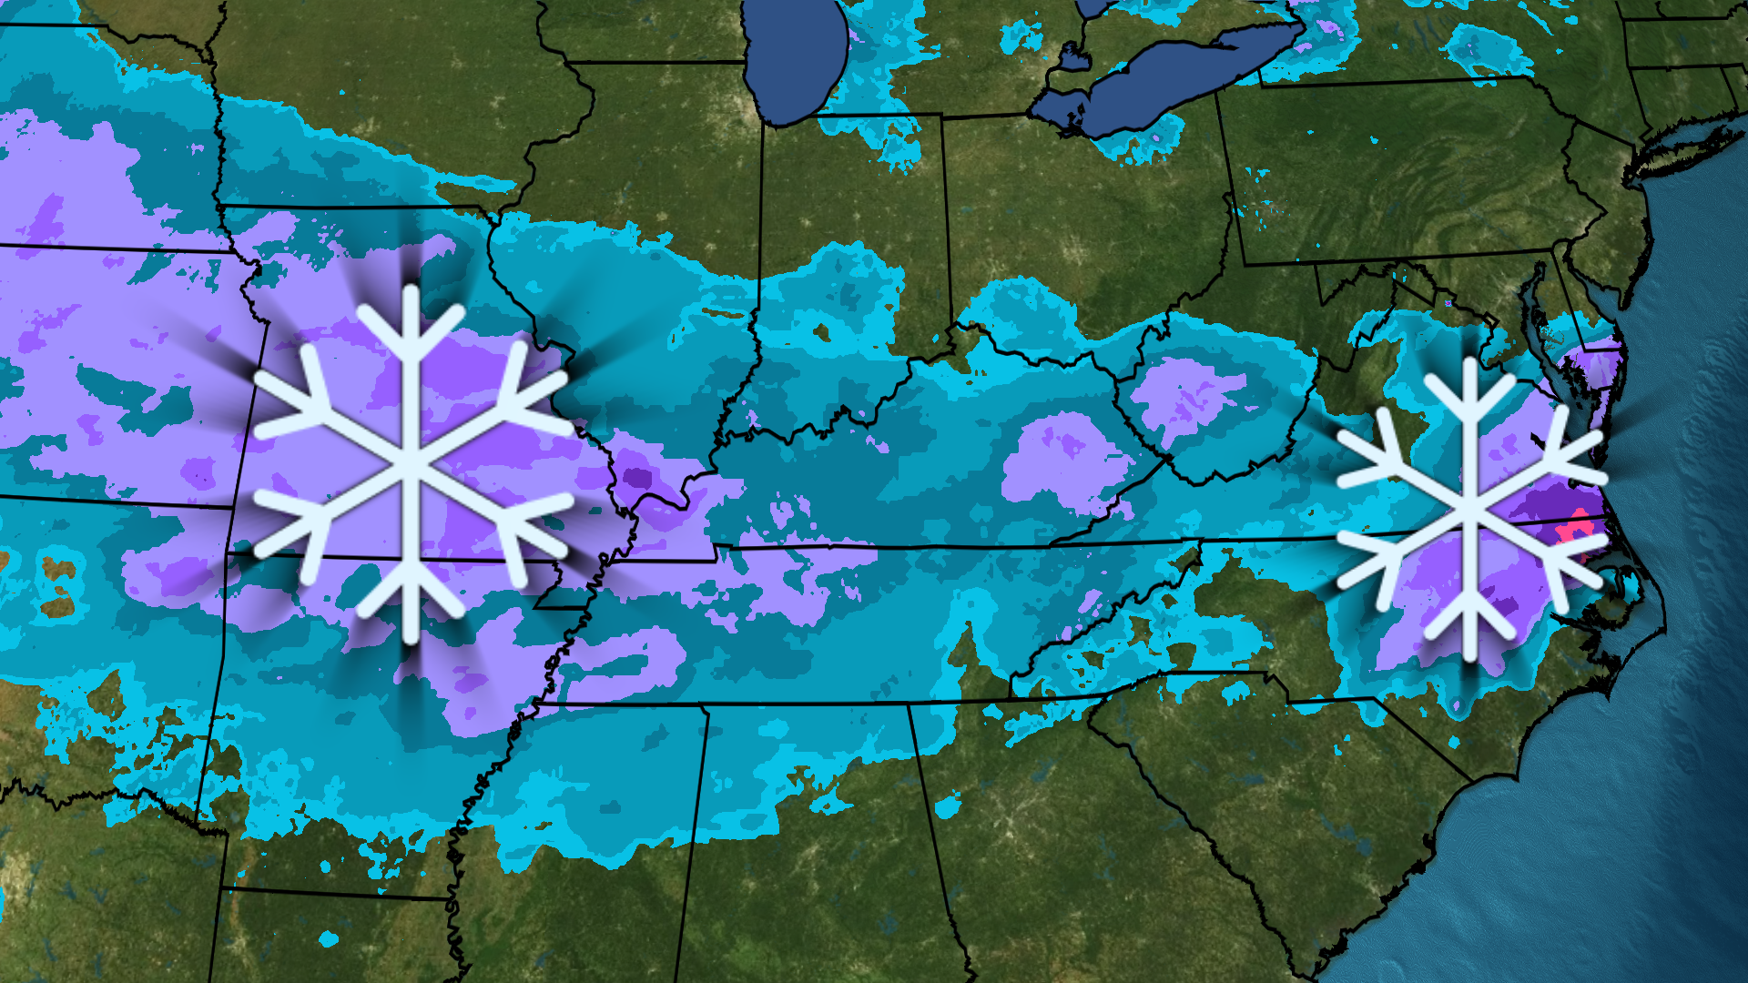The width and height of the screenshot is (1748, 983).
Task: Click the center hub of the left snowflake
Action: [412, 464]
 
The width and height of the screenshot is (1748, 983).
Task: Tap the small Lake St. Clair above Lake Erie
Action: [1073, 59]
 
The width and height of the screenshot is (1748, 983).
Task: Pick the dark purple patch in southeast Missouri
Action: [637, 478]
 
